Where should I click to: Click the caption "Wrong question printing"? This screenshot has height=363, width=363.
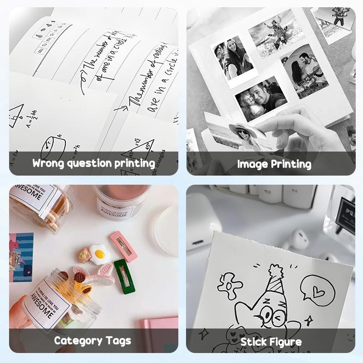click(93, 163)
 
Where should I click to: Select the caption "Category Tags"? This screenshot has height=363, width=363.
click(93, 340)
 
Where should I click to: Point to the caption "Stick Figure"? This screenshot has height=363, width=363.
click(271, 341)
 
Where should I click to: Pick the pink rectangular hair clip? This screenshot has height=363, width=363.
click(123, 245)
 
